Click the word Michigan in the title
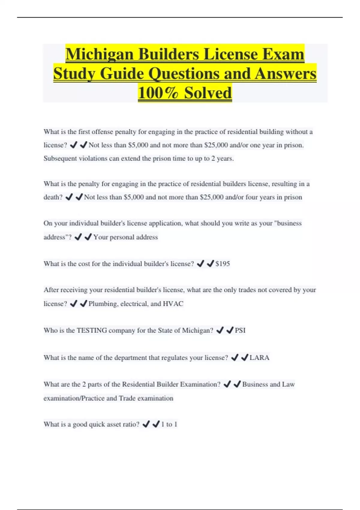coord(100,55)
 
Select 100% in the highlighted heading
coord(158,92)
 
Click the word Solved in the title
coord(208,92)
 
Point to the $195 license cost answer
coord(223,264)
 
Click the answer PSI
coord(240,330)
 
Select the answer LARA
coord(259,358)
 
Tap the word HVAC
coord(173,304)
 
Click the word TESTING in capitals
coord(92,330)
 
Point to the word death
coord(53,197)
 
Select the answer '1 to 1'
coord(169,424)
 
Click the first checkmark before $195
coord(200,264)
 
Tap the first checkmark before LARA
coord(235,357)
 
